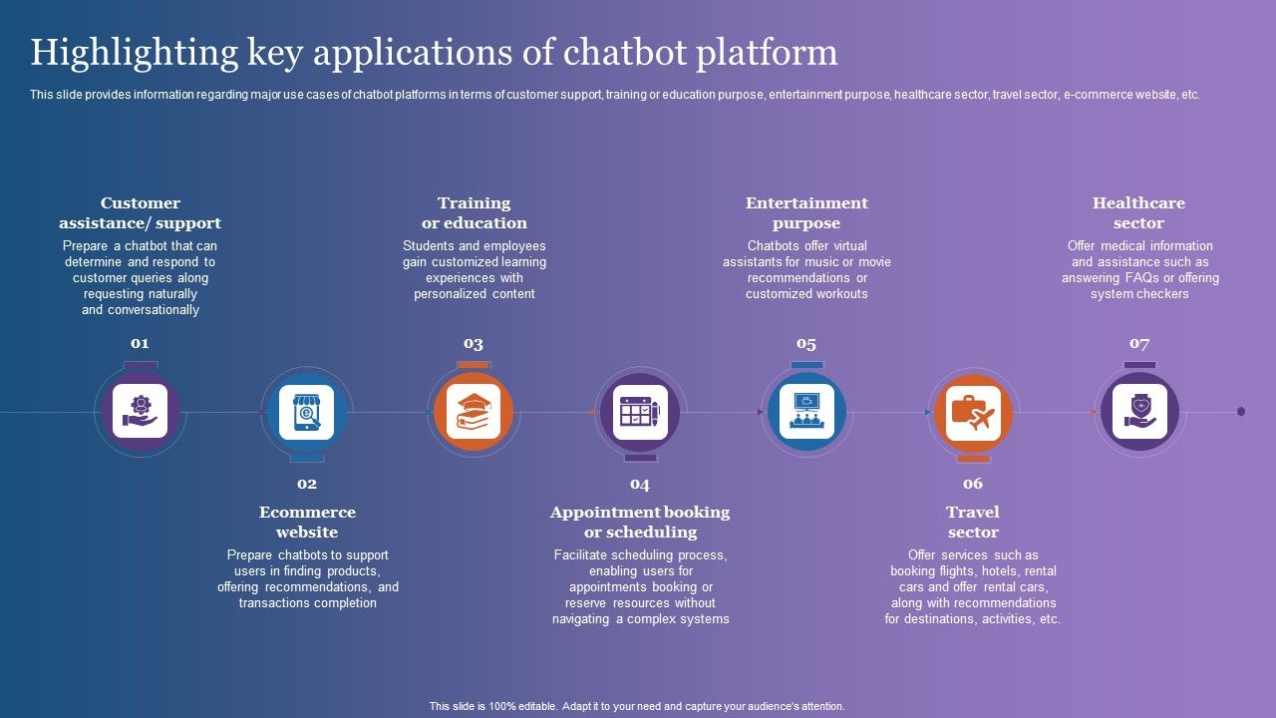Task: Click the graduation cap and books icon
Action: tap(474, 412)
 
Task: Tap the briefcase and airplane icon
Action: tap(973, 412)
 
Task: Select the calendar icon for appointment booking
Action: tap(640, 412)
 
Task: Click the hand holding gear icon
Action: tap(141, 412)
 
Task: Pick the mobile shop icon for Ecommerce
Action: tap(307, 412)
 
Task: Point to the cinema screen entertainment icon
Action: tap(805, 412)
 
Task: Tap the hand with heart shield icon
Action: tap(1139, 412)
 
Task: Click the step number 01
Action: tap(140, 343)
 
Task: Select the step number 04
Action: tap(640, 484)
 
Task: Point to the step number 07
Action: tap(1139, 343)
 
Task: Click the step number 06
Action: tap(973, 484)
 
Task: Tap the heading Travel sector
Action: tap(973, 522)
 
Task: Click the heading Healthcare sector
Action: tap(1138, 212)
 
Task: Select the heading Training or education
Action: tap(474, 212)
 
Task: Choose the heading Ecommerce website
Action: tap(307, 522)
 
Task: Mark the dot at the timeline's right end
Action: tap(1241, 411)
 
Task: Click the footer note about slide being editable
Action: tap(637, 706)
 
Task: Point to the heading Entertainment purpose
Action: tap(806, 212)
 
